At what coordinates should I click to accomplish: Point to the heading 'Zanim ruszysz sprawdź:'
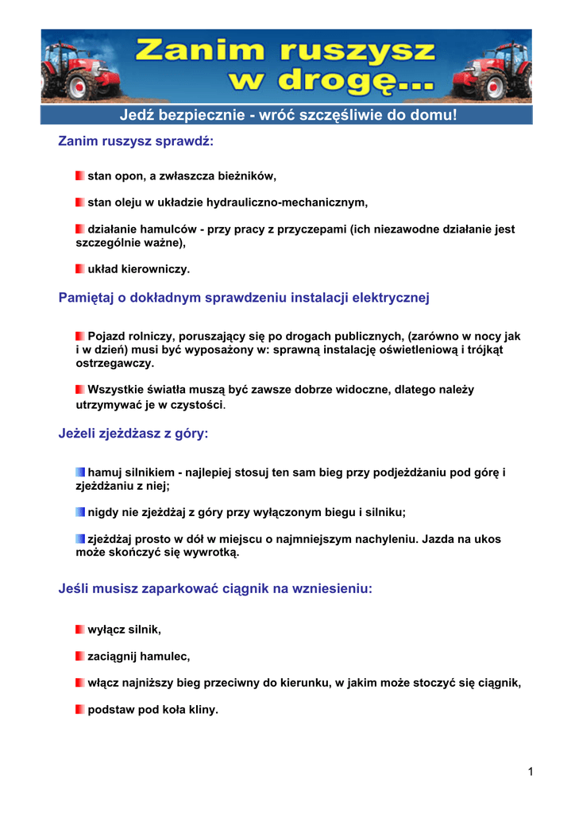(137, 141)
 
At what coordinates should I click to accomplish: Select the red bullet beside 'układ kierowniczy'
(80, 268)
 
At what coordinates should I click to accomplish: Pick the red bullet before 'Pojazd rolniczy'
(80, 336)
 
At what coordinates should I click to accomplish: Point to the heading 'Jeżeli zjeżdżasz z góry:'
(133, 433)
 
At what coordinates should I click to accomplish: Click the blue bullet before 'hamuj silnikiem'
(80, 472)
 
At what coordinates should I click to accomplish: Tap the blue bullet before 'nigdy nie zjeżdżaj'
(80, 511)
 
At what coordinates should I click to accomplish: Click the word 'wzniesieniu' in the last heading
(333, 589)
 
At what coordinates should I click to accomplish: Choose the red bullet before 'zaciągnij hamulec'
(80, 657)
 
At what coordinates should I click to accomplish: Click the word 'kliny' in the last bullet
(201, 710)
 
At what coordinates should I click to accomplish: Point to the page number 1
(530, 771)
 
